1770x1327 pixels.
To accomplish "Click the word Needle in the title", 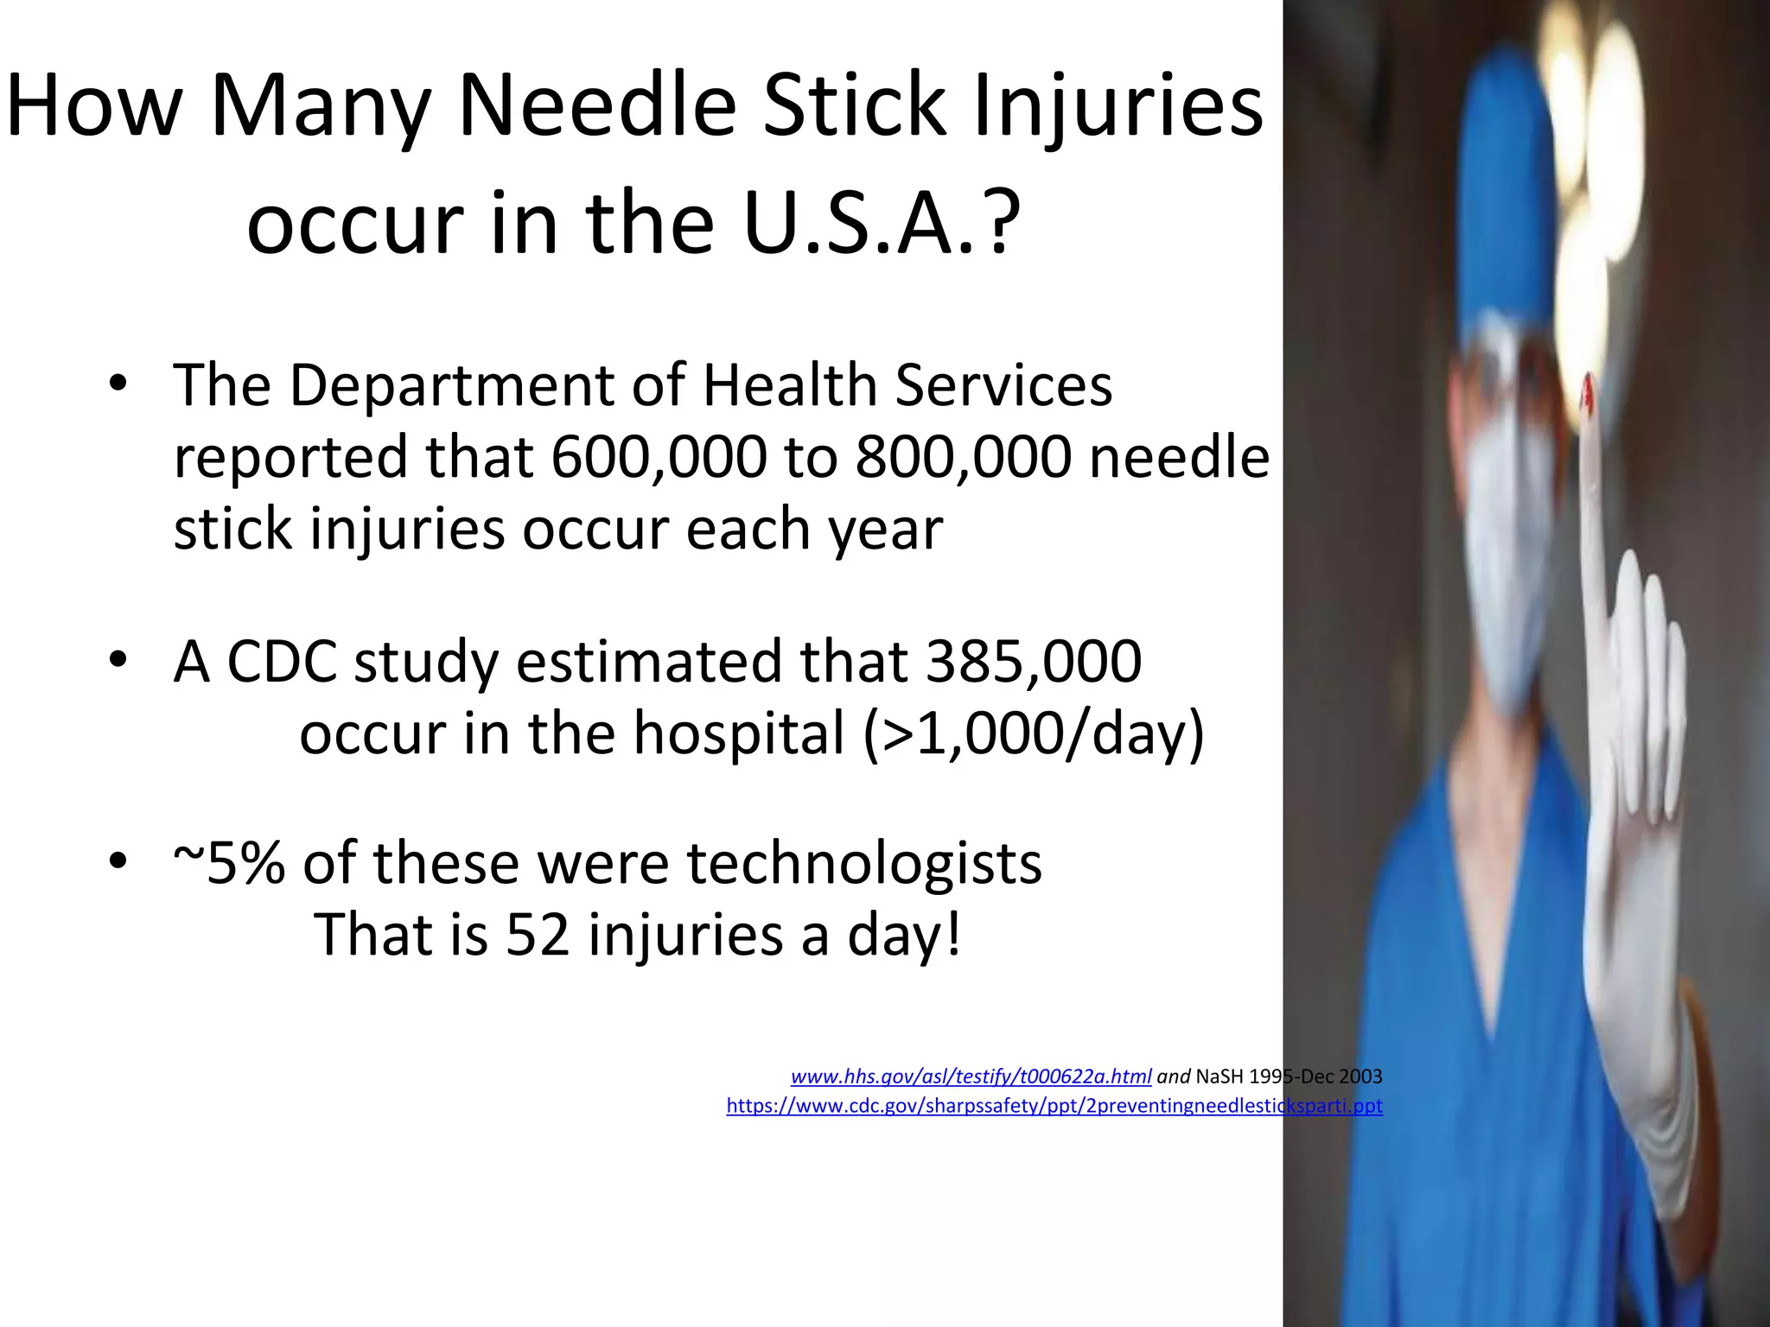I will [x=596, y=105].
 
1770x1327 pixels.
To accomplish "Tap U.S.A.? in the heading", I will [x=882, y=223].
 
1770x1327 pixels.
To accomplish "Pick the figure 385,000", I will [x=1034, y=662].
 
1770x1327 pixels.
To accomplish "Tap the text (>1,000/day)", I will [x=1034, y=734].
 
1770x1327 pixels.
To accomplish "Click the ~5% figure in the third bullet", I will [x=229, y=863].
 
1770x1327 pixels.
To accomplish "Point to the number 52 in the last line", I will [x=538, y=935].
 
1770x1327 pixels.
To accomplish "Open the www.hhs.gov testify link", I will [x=971, y=1076].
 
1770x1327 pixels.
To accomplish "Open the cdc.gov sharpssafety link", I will [x=1054, y=1106].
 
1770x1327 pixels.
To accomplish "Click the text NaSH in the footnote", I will [x=1219, y=1076].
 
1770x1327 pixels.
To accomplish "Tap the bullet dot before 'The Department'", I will [x=118, y=385].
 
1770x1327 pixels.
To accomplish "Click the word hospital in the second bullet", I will [x=740, y=734].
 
